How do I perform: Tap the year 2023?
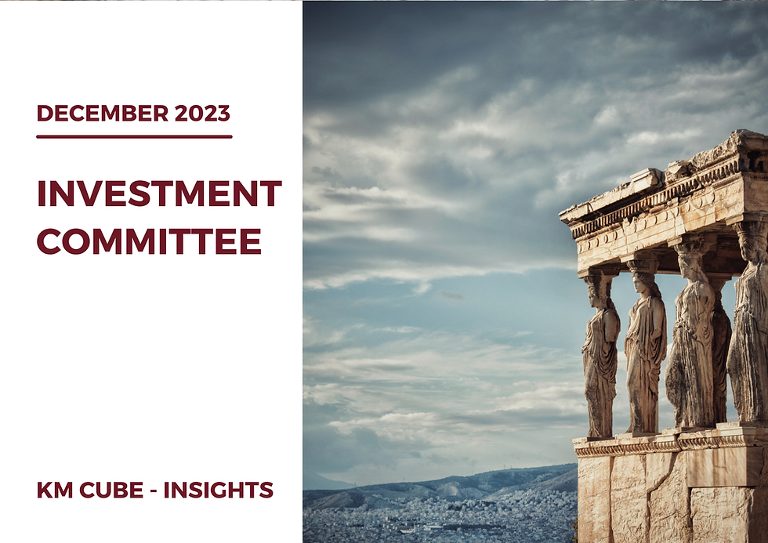click(x=202, y=114)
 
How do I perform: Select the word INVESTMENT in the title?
click(x=159, y=194)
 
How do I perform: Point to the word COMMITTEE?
click(x=149, y=241)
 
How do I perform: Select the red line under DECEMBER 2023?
click(x=134, y=136)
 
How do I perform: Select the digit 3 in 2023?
click(x=223, y=114)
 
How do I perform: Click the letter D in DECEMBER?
click(x=43, y=114)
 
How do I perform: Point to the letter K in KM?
click(x=45, y=491)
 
